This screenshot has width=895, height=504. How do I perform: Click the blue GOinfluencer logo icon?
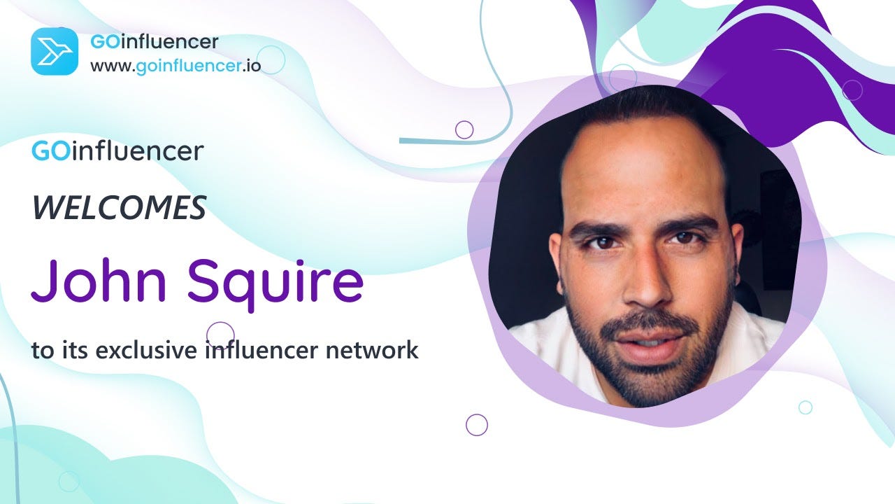click(55, 51)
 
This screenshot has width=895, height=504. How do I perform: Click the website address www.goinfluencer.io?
click(175, 67)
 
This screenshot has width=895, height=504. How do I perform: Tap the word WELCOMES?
click(119, 208)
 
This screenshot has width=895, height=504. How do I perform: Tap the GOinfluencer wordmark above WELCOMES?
click(117, 150)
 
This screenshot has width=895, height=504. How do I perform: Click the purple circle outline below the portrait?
click(477, 424)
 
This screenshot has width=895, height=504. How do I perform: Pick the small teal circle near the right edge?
click(805, 407)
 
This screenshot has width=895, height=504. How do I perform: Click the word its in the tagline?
click(74, 349)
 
